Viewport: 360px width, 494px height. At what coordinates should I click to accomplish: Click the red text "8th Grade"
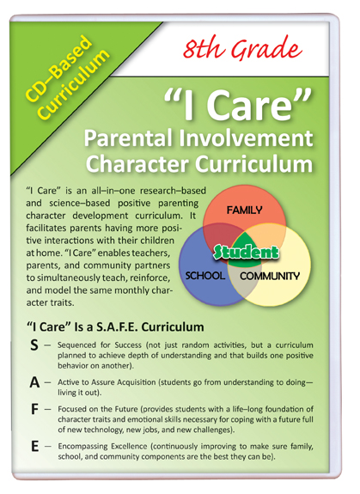click(x=242, y=48)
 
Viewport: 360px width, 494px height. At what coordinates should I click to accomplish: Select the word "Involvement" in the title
click(x=247, y=138)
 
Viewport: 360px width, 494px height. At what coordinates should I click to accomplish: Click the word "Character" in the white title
click(x=137, y=164)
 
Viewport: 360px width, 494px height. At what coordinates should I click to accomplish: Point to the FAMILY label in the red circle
click(x=244, y=210)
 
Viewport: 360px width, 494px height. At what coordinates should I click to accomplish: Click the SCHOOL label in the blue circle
click(x=205, y=276)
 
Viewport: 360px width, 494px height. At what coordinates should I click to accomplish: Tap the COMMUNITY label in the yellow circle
click(x=270, y=277)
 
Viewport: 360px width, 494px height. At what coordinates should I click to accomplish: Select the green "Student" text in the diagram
click(x=247, y=252)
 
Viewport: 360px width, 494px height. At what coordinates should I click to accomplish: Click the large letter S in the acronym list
click(x=34, y=345)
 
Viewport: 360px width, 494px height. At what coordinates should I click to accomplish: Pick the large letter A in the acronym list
click(x=34, y=382)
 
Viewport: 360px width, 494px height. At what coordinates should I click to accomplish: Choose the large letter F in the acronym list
click(x=34, y=409)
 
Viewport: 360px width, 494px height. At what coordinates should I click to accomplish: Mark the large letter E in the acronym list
click(x=34, y=447)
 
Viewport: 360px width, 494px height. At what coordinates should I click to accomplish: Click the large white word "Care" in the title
click(x=250, y=105)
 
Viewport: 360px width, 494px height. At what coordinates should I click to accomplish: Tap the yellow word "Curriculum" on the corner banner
click(x=74, y=85)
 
